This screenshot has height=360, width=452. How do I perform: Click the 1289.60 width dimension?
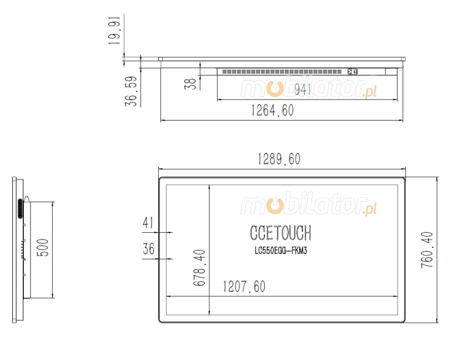point(279,159)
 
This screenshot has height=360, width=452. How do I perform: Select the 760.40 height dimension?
point(426,250)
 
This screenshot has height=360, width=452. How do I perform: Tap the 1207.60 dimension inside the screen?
point(244,287)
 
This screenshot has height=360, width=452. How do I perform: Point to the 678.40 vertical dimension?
point(199,267)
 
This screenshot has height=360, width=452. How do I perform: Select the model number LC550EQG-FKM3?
point(280,251)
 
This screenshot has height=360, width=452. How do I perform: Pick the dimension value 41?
point(148,223)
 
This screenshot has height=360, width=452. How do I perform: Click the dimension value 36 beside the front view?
point(148,249)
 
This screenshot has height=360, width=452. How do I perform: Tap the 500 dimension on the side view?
point(43,248)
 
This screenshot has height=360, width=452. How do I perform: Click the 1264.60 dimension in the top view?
point(272,111)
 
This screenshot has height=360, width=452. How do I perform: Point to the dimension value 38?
point(190,84)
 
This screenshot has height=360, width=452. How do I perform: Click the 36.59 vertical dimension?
point(130,91)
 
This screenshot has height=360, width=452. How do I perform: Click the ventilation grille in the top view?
point(282,71)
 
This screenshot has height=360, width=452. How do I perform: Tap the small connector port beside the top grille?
point(351,71)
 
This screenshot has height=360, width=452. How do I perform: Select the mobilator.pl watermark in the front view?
point(309,206)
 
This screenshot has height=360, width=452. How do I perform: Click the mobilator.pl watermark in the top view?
point(309,88)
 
